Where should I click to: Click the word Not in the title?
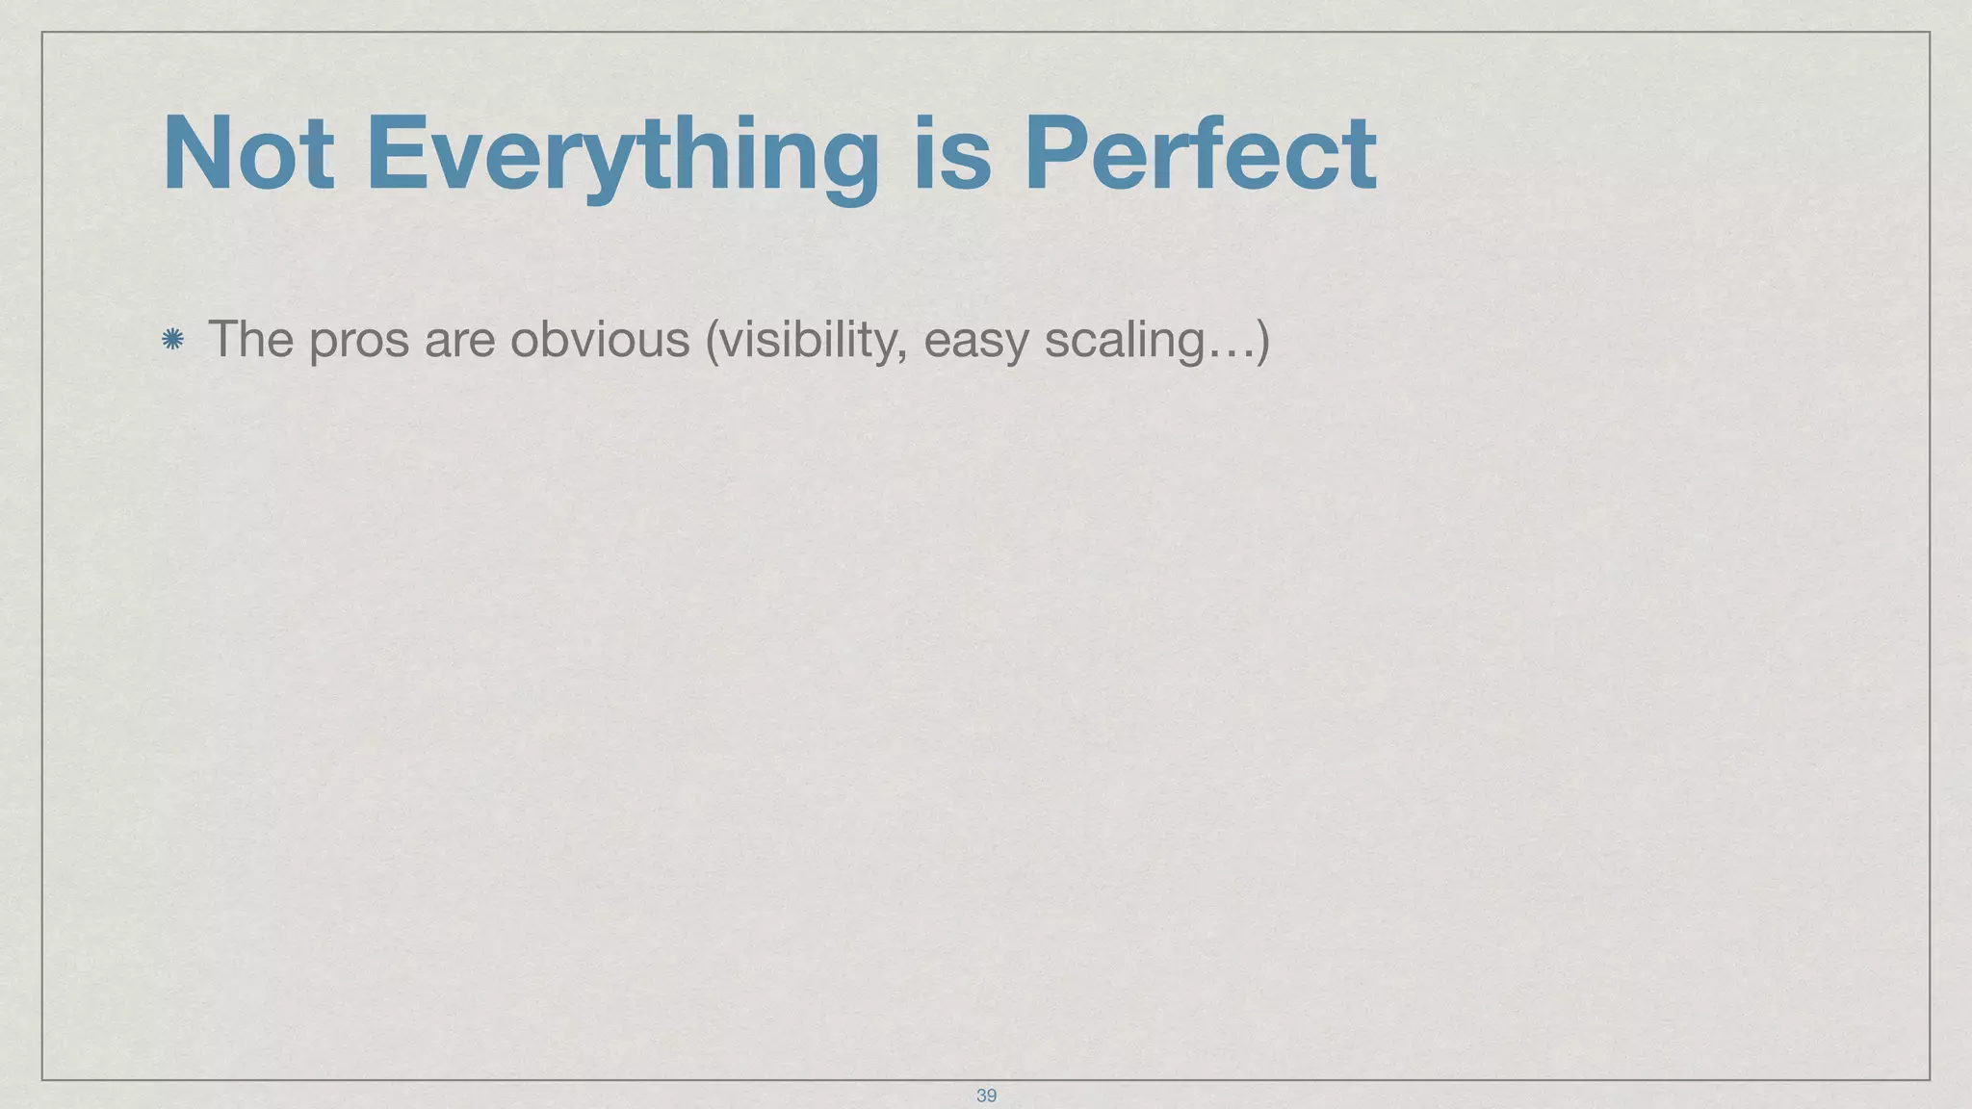click(x=248, y=154)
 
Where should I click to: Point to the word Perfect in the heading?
click(x=1200, y=154)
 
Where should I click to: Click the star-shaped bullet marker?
click(x=173, y=339)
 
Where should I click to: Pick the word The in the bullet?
click(x=250, y=339)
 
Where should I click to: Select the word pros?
click(x=358, y=341)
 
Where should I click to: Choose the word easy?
click(x=974, y=341)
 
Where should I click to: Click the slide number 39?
click(x=986, y=1096)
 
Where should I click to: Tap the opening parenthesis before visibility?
click(x=713, y=341)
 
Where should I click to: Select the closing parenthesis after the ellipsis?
click(x=1262, y=341)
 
